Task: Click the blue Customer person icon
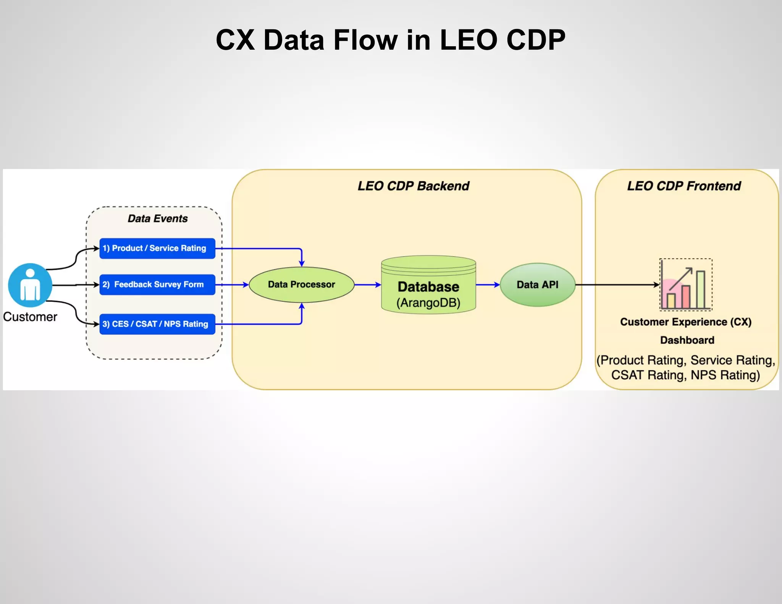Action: (x=30, y=285)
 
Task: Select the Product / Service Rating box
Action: (x=157, y=249)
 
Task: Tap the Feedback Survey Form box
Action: (x=157, y=285)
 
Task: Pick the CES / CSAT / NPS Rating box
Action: (x=157, y=324)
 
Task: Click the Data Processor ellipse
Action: (x=301, y=285)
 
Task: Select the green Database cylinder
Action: (x=428, y=285)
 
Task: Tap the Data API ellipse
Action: (x=537, y=285)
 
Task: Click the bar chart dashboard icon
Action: (x=686, y=285)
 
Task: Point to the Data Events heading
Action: (x=157, y=219)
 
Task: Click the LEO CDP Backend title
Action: (x=413, y=186)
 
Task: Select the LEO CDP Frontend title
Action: (x=683, y=186)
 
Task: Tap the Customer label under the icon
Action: (x=30, y=317)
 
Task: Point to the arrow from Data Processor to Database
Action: (x=367, y=285)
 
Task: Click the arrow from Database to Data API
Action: (x=488, y=285)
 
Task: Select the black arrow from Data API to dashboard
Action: (x=617, y=285)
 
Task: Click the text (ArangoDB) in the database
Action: (x=428, y=303)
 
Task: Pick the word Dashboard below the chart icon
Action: (x=687, y=340)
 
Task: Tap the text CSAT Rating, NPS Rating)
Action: (x=685, y=375)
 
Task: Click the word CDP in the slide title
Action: (x=536, y=40)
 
